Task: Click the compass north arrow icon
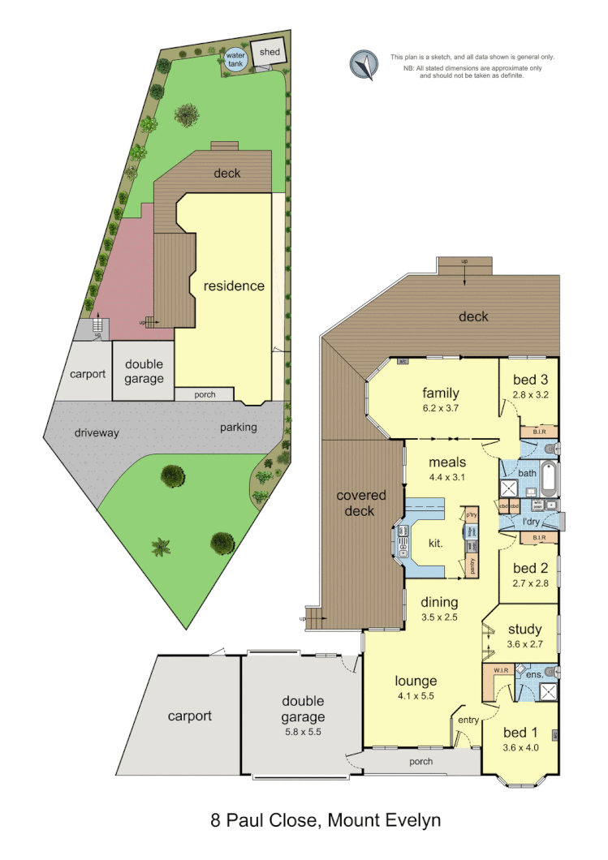pos(364,65)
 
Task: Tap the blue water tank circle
pos(235,60)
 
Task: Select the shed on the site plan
pos(270,54)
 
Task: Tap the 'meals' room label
pos(447,462)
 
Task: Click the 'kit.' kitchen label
pos(434,544)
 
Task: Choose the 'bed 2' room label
pos(526,568)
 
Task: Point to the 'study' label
pos(524,629)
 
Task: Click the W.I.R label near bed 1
pos(500,670)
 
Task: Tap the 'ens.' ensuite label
pos(533,674)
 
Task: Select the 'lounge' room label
pos(416,681)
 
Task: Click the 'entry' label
pos(468,720)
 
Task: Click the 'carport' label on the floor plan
pos(189,716)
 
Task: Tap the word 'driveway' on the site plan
pos(97,432)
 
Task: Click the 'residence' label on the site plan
pos(234,286)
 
